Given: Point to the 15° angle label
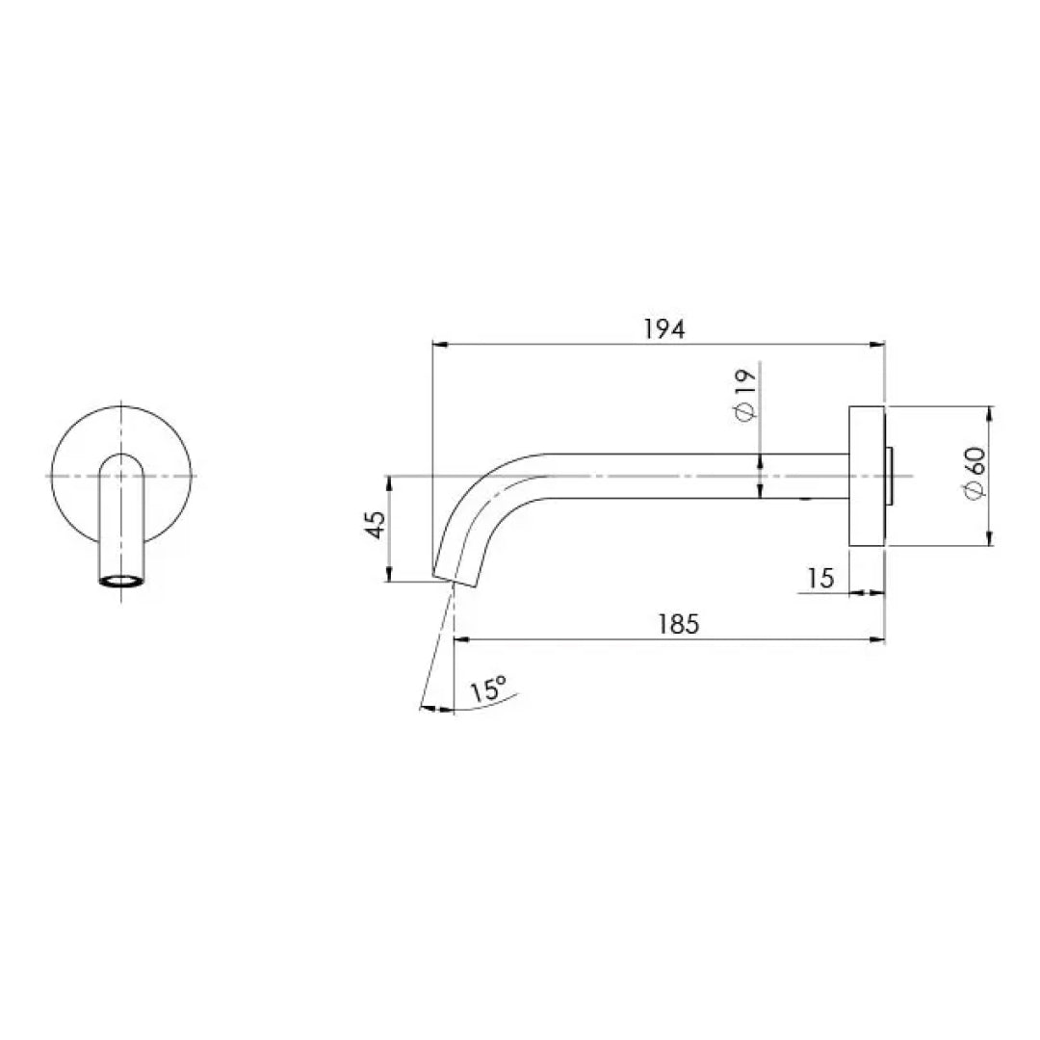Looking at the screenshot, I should coord(488,690).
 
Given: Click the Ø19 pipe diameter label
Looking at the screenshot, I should coord(744,395).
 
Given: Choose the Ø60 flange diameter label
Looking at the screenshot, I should coord(973,472).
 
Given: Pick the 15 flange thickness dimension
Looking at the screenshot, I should coord(820,578).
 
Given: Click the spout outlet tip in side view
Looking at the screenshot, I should coord(455,577).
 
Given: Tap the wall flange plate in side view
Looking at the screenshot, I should coord(866,476).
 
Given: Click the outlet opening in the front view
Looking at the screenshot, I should coord(120,581).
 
